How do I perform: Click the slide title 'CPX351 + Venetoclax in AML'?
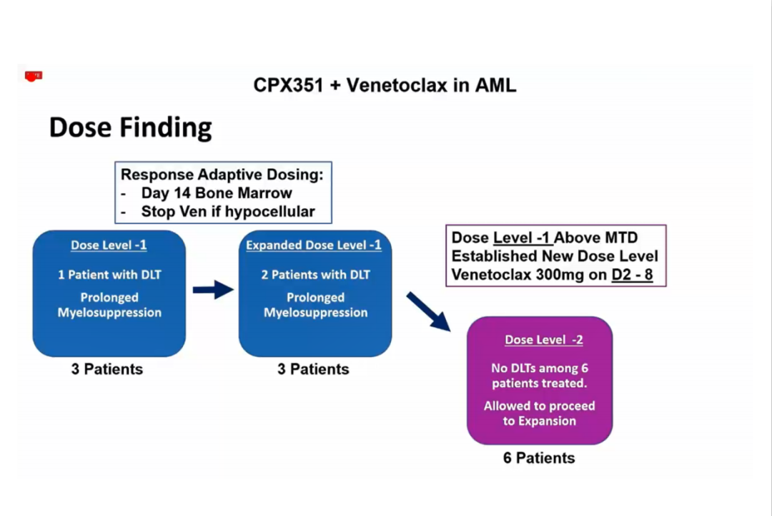tap(385, 85)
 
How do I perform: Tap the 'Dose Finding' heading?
tap(130, 127)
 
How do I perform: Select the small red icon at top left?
tap(34, 75)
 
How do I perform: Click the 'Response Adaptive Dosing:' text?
tap(222, 175)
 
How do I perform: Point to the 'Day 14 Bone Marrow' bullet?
tap(216, 193)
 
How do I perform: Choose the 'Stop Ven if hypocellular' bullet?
tap(227, 211)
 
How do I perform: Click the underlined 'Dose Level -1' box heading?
tap(109, 245)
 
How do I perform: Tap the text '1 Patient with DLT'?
tap(109, 275)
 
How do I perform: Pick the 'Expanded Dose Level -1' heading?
tap(314, 245)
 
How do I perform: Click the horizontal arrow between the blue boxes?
tap(212, 290)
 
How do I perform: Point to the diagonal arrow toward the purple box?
tap(429, 311)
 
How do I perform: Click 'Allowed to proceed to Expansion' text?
tap(539, 414)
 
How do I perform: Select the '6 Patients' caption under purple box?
tap(539, 458)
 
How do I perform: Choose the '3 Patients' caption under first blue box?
tap(107, 369)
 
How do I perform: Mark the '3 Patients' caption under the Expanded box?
tap(314, 369)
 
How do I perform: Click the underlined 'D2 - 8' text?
tap(632, 274)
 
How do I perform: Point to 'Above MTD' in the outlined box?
tap(596, 238)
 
